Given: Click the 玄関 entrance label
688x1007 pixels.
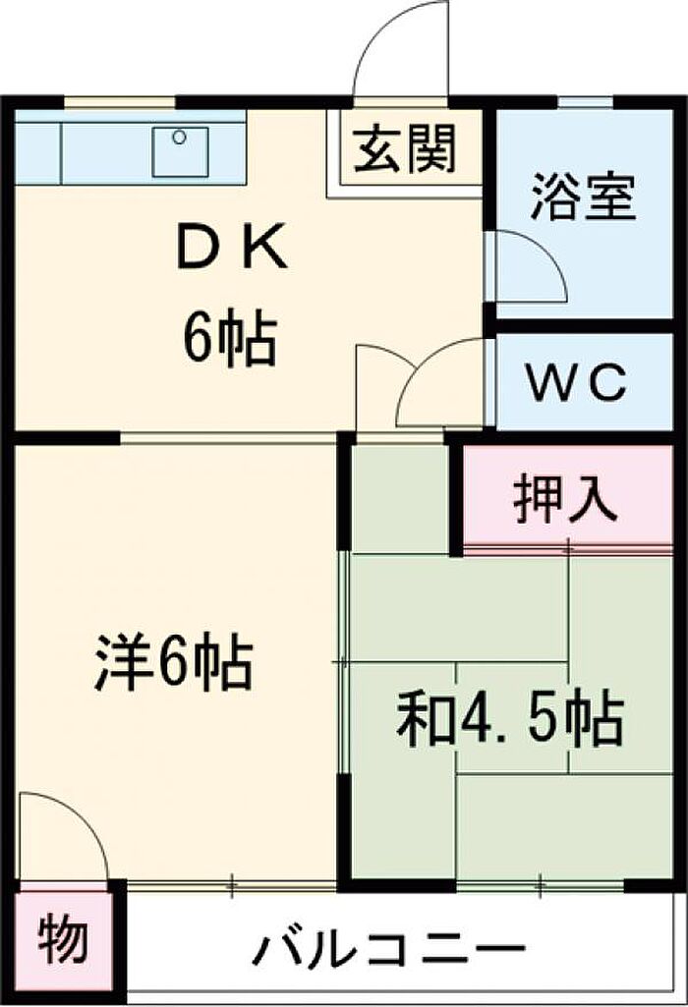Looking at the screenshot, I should coord(406,150).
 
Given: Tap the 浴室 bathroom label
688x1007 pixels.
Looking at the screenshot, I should coord(584,196).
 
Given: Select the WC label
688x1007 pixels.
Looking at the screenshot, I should coord(576,382).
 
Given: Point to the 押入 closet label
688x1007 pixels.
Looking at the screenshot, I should coord(565,500).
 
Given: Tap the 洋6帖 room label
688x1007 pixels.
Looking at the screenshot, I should coord(174,663).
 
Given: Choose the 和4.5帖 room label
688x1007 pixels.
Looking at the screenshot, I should coord(509,720).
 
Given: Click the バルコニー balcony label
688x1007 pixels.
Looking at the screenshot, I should coord(389,949).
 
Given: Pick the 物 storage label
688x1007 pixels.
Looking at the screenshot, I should coord(64,941).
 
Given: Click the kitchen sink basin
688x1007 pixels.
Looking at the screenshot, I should coord(180,151).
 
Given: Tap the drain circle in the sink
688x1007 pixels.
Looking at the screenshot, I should coord(179,139).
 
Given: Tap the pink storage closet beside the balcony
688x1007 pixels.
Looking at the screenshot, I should coord(64,941).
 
